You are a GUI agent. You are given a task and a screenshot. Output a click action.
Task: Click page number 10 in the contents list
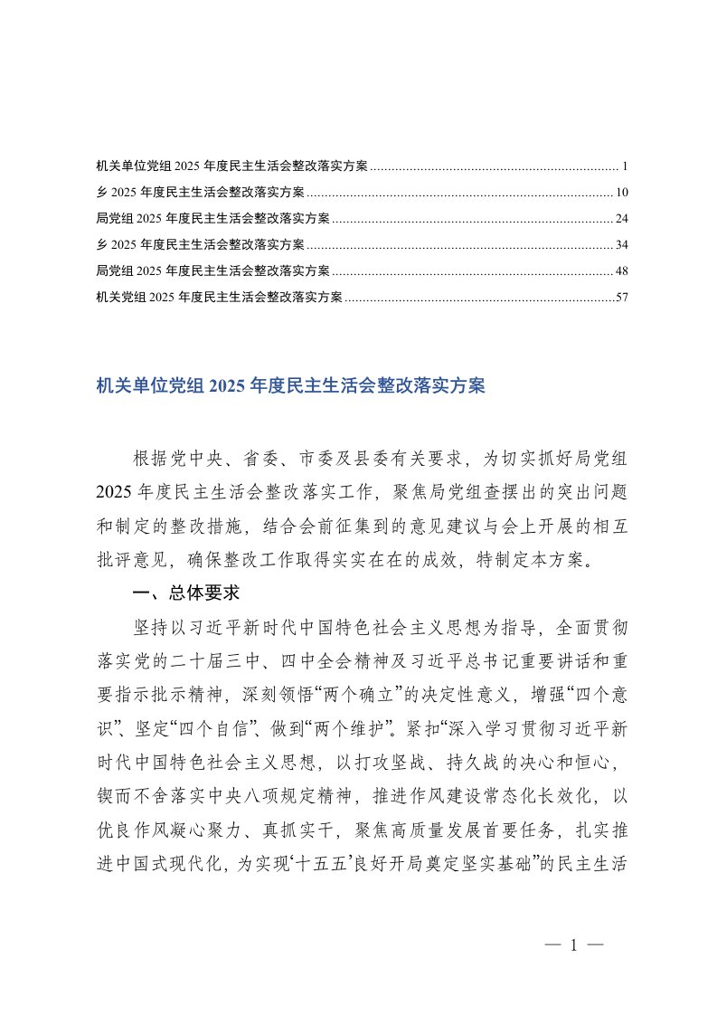pyautogui.click(x=621, y=193)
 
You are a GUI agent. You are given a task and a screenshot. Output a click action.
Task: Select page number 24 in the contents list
pyautogui.click(x=621, y=219)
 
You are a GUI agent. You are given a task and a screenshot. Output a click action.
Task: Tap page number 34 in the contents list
pyautogui.click(x=621, y=245)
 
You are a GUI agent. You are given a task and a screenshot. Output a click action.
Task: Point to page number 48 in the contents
pyautogui.click(x=621, y=271)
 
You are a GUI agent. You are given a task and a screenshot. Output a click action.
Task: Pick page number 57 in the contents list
pyautogui.click(x=621, y=298)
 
